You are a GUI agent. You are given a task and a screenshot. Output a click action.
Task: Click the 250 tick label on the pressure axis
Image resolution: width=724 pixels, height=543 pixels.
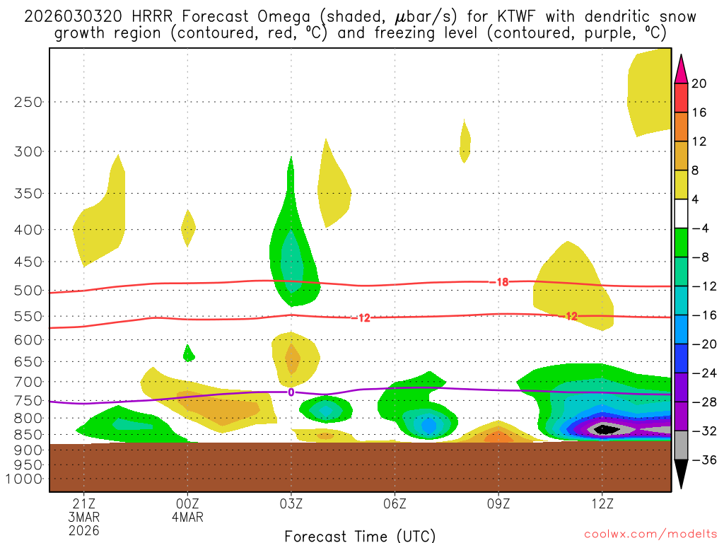(x=28, y=102)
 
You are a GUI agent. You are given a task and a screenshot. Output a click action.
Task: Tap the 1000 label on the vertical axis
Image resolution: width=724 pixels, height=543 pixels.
(x=24, y=479)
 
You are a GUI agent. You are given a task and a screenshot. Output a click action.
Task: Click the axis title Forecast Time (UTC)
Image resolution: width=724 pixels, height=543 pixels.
(x=360, y=535)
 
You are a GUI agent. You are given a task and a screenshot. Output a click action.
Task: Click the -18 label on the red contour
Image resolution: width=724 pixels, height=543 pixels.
(x=499, y=282)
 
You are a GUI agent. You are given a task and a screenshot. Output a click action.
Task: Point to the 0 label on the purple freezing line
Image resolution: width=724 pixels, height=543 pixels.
(x=291, y=392)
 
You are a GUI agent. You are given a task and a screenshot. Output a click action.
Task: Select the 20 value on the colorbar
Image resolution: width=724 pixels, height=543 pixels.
(x=699, y=83)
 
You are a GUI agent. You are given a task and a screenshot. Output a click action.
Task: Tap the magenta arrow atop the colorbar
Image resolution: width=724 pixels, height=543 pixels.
(x=681, y=69)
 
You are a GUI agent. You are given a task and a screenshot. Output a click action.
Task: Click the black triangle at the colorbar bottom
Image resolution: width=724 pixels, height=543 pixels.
(x=681, y=474)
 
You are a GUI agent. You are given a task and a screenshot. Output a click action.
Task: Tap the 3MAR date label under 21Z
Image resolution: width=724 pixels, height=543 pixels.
(x=84, y=517)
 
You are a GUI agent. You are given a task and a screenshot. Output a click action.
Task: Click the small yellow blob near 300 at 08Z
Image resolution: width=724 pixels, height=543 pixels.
(x=465, y=141)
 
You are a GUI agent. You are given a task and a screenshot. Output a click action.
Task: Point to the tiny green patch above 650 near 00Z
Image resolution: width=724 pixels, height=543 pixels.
(x=189, y=353)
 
